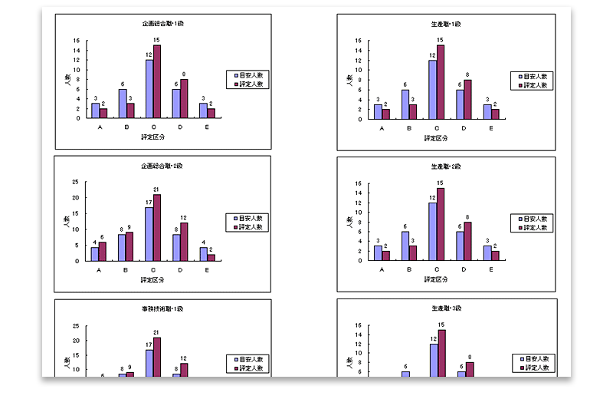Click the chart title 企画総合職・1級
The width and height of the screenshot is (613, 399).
[162, 24]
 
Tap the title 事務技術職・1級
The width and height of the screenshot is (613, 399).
[162, 308]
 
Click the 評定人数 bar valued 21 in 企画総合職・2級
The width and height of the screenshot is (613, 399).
[157, 227]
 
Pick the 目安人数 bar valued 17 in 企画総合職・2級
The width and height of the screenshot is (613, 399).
[149, 233]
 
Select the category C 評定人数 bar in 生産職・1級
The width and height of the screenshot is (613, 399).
[440, 81]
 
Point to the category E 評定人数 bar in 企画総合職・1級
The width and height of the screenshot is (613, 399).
[211, 113]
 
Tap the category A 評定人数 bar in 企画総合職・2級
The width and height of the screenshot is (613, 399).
[103, 251]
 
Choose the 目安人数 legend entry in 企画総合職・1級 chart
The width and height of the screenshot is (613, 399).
[248, 76]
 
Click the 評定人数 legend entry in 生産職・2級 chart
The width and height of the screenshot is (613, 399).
[532, 227]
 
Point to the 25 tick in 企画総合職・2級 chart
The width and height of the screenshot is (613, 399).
[76, 182]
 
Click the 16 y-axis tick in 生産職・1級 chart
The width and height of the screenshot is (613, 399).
[359, 41]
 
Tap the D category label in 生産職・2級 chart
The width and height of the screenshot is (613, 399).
[464, 269]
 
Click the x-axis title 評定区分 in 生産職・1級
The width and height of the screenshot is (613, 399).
[436, 138]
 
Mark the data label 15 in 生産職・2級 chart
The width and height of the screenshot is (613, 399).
[440, 182]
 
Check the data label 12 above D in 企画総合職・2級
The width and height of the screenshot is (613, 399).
[185, 218]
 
